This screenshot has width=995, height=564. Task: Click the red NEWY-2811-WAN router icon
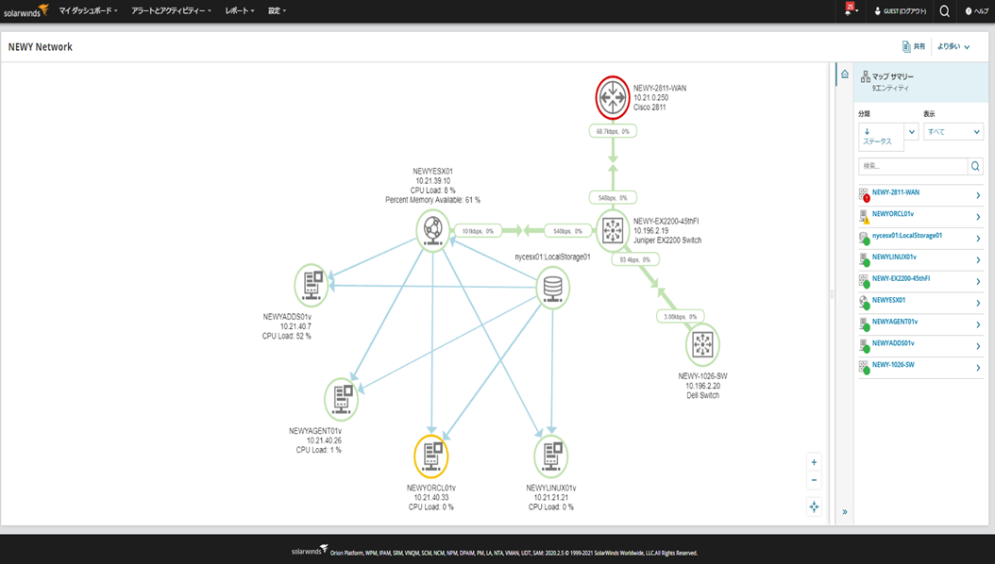pos(613,97)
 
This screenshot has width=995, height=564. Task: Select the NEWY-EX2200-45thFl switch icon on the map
pos(613,230)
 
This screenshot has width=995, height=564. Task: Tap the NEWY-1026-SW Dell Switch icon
pos(701,344)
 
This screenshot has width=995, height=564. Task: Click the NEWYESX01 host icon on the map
pos(432,229)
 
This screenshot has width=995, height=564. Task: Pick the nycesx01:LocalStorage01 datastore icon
pos(552,288)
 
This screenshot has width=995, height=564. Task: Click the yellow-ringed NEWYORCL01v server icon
pos(431,456)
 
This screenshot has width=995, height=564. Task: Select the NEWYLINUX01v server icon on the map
pos(550,456)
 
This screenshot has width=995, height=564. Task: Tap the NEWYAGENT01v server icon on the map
pos(341,399)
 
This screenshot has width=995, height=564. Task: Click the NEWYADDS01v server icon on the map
pos(312,284)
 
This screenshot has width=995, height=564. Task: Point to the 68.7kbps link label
pos(613,131)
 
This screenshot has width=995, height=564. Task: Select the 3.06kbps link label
pos(681,317)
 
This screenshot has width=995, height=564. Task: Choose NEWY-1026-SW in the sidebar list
pos(893,364)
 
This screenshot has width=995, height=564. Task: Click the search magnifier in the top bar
pos(944,11)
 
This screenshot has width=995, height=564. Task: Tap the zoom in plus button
pos(814,462)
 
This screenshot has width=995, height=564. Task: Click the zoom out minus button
pos(814,480)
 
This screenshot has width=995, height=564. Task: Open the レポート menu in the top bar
pos(240,10)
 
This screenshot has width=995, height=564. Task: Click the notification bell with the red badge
pos(850,11)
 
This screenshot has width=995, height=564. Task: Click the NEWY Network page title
pos(41,47)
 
